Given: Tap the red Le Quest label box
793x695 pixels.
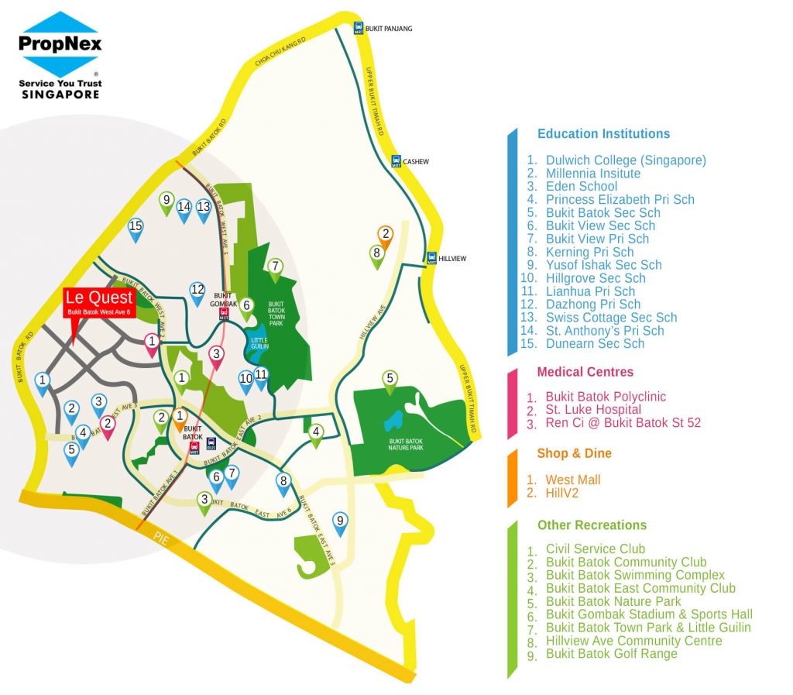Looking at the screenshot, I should [x=98, y=303].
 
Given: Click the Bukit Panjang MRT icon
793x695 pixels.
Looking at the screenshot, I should [x=358, y=29].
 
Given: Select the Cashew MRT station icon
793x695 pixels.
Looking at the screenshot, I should [x=395, y=161].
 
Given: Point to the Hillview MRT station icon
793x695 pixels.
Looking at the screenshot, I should [x=431, y=258].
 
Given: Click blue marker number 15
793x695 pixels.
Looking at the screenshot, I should [x=136, y=228].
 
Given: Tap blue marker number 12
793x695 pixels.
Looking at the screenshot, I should [x=197, y=291].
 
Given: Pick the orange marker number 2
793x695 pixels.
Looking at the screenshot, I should [x=385, y=234].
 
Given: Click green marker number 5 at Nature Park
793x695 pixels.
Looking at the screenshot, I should [x=390, y=380].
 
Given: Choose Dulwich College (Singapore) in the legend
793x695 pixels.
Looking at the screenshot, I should [x=625, y=160].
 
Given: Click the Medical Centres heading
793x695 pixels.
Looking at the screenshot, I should [x=585, y=372].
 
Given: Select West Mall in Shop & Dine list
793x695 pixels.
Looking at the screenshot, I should [x=572, y=480].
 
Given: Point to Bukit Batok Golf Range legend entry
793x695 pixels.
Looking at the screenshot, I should [x=611, y=653].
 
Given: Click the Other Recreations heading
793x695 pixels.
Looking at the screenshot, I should [x=592, y=525].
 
